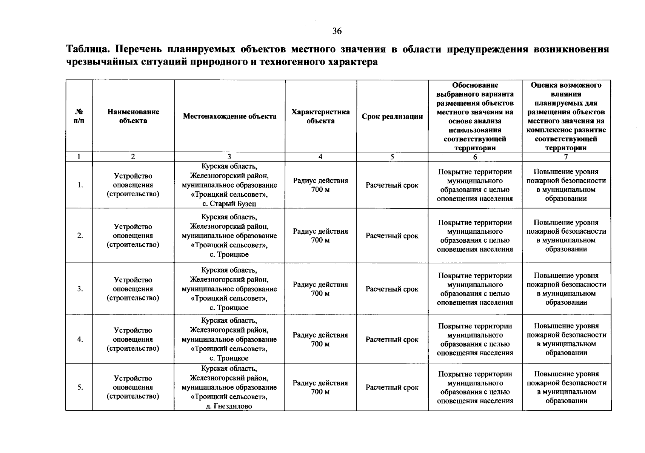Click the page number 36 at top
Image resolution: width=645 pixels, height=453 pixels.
(x=337, y=31)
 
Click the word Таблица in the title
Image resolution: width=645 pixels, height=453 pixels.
(x=88, y=49)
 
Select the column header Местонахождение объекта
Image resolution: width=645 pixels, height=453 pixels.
(x=229, y=116)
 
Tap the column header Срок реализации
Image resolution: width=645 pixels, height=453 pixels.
(x=392, y=116)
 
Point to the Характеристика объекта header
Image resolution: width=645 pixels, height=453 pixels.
(x=320, y=116)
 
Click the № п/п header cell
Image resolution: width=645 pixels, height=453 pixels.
(x=79, y=116)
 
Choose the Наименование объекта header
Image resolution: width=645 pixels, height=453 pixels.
(x=133, y=116)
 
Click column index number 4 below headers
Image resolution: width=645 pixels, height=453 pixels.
(x=320, y=157)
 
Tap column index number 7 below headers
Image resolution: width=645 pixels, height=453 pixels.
(x=566, y=157)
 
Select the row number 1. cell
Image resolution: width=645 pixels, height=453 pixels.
(x=80, y=185)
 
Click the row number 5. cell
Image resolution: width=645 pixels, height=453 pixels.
(x=80, y=387)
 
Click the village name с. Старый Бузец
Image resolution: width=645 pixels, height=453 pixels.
(x=229, y=203)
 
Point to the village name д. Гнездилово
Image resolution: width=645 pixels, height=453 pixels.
(x=229, y=406)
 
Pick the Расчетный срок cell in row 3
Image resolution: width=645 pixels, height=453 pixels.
(x=392, y=289)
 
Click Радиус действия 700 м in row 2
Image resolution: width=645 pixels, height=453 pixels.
(x=320, y=236)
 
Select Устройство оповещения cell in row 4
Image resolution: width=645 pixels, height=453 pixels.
(x=133, y=339)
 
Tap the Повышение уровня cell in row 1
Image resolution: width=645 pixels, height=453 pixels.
(x=566, y=185)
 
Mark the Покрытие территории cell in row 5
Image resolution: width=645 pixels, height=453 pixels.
(x=475, y=387)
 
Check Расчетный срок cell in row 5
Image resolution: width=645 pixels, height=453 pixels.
(x=392, y=387)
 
